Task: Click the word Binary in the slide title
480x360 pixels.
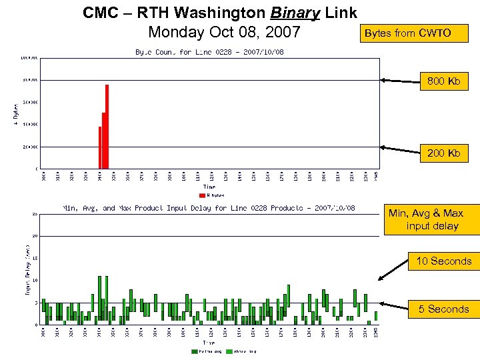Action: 295,13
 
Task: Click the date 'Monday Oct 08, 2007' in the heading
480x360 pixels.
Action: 224,32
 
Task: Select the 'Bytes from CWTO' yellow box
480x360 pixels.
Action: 407,33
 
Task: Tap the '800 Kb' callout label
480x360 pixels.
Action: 444,82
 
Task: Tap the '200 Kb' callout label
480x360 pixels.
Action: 444,153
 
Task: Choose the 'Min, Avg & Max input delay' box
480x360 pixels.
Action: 431,219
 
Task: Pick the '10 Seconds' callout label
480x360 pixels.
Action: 443,261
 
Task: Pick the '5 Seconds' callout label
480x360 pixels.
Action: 443,309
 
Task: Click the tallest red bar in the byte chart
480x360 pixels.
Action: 107,127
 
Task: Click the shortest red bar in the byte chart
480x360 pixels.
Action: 100,147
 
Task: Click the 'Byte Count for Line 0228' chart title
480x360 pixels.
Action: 209,52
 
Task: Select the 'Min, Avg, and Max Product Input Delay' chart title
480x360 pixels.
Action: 209,208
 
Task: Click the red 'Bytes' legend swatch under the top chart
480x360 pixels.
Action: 203,196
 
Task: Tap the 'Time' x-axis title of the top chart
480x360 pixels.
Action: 209,187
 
